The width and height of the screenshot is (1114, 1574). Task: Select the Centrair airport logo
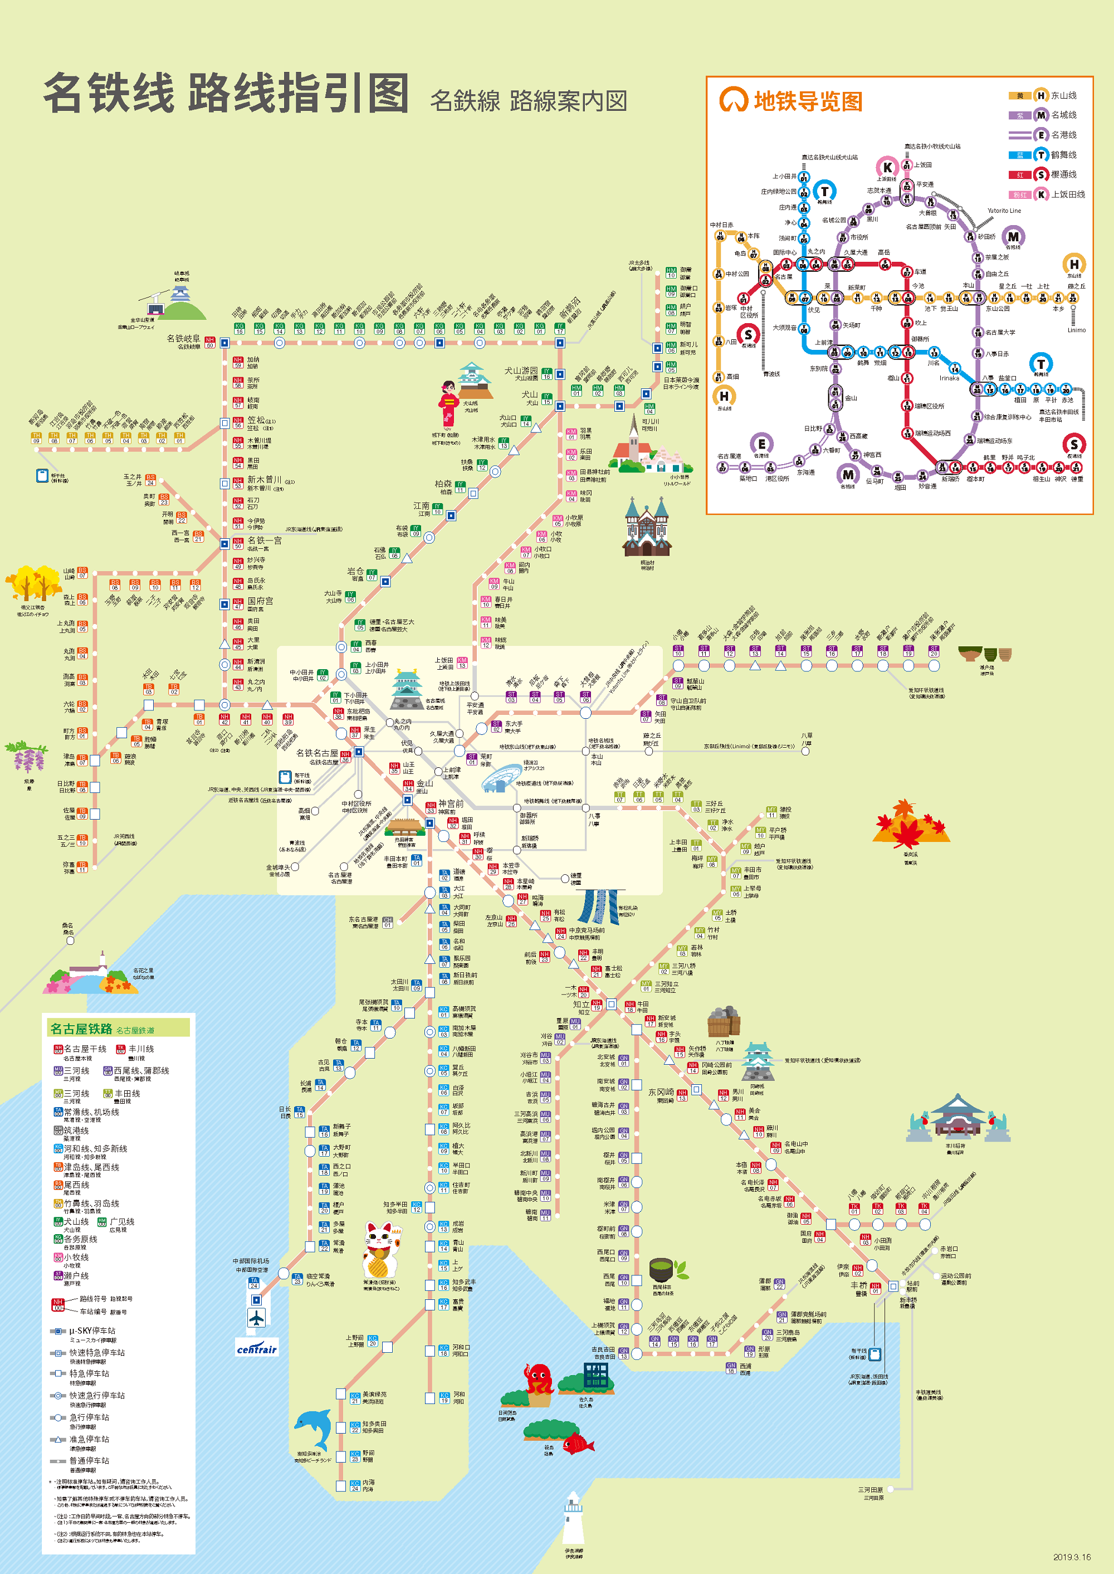257,1349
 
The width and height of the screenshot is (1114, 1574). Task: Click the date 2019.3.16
1072,1556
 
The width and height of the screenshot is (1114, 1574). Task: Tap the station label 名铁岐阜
183,338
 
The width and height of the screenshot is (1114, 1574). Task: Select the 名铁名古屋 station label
317,753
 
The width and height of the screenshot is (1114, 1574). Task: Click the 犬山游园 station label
521,371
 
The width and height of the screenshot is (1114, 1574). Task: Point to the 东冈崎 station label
661,1091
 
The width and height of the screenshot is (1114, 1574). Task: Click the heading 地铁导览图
808,101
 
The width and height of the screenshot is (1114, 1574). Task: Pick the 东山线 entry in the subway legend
1063,95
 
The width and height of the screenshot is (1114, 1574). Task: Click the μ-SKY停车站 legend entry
91,1331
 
